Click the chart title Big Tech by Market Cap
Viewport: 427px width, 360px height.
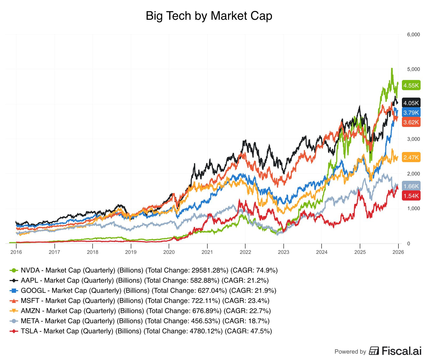coord(209,16)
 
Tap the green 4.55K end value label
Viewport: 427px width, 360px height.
coord(411,85)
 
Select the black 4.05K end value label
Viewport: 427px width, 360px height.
coord(411,103)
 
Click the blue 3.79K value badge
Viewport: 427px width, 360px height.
coord(411,113)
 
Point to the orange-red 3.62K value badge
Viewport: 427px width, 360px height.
coord(411,122)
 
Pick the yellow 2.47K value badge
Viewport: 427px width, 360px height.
coord(411,157)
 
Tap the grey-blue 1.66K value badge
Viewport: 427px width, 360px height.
coord(411,186)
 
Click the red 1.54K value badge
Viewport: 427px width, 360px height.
coord(411,196)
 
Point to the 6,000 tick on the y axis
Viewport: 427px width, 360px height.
coord(413,34)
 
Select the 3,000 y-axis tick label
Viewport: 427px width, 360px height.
coord(413,139)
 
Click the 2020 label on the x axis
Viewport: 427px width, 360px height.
coord(169,252)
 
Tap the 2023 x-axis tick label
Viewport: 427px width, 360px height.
coord(283,252)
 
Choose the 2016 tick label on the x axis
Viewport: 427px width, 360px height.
coord(16,252)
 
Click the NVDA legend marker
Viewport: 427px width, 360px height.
coord(14,270)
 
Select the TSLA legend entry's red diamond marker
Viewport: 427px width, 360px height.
coord(14,331)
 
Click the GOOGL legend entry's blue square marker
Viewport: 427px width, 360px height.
coord(14,291)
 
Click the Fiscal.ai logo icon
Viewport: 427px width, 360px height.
coord(374,351)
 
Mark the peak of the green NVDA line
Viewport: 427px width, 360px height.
coord(392,69)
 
